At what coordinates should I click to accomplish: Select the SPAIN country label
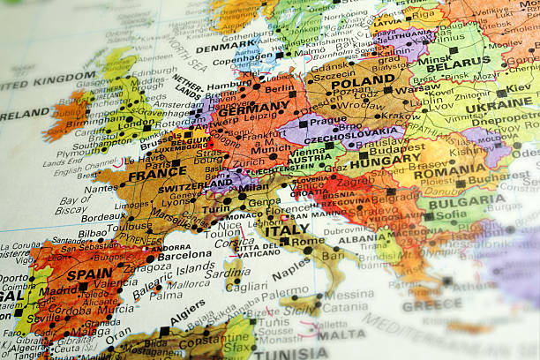[x=89, y=274]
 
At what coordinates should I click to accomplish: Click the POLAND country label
[x=364, y=82]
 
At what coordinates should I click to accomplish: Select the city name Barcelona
[x=184, y=254]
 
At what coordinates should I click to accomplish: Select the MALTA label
[x=341, y=334]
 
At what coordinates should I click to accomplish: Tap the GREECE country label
[x=432, y=305]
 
